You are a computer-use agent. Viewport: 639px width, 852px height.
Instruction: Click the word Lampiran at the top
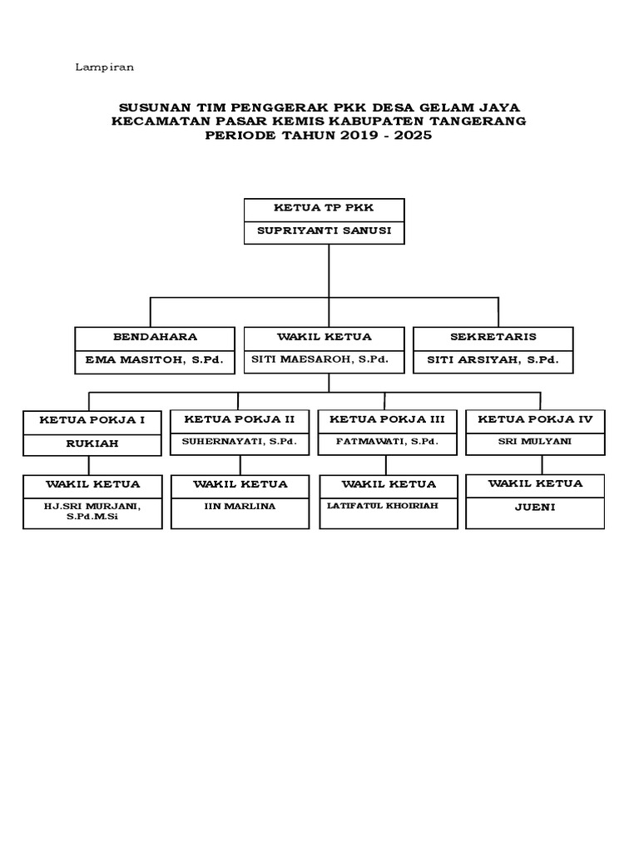pos(105,67)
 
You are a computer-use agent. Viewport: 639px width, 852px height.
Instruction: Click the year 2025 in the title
pos(414,136)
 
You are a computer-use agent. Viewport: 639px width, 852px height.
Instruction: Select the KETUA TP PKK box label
pos(324,209)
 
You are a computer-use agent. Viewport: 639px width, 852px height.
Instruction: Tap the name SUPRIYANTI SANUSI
pos(324,231)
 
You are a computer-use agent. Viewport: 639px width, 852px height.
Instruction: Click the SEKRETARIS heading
pos(493,337)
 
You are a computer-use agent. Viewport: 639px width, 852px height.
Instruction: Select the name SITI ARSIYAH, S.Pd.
pos(493,361)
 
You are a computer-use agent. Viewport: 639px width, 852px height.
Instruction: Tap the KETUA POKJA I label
pos(92,420)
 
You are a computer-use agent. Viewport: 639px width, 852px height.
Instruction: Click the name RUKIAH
pos(92,443)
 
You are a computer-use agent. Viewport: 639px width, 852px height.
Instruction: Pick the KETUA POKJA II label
pos(240,419)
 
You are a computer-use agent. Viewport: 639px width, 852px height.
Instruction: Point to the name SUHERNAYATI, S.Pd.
pos(240,441)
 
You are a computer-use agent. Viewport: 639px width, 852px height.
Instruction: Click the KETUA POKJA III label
pos(388,419)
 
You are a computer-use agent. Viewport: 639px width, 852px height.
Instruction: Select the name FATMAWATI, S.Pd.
pos(388,441)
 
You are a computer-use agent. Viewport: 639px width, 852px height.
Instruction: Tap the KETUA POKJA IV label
pos(535,419)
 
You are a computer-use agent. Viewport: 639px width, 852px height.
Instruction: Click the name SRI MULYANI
pos(535,441)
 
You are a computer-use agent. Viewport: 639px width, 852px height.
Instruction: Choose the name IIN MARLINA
pos(240,506)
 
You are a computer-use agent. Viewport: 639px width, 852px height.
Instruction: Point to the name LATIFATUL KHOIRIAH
pos(383,505)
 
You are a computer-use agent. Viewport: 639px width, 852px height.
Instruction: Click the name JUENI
pos(535,505)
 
